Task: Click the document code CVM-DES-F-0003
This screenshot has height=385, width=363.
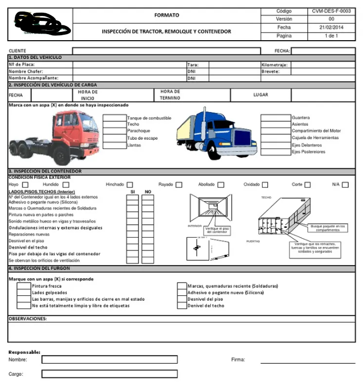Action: coord(331,11)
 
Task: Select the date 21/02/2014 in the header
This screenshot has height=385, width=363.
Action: coord(331,27)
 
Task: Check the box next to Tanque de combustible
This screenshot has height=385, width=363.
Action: coord(114,118)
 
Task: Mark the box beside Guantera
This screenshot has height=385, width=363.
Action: coord(275,118)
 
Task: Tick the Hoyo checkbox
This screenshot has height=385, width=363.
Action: coord(25,185)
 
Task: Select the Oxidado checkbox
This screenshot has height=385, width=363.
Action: coord(265,185)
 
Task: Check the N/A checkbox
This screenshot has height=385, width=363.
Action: coord(345,185)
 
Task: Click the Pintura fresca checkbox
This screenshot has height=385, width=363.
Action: coord(24,286)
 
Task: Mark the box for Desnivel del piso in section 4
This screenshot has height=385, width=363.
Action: coord(182,299)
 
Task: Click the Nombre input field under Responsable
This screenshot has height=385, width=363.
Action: coord(109,360)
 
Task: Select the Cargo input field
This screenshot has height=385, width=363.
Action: coord(109,374)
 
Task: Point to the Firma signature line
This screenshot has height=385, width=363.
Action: coord(308,362)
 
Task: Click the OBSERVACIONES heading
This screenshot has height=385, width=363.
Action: coord(27,318)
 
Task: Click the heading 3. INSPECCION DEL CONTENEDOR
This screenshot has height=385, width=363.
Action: coord(45,172)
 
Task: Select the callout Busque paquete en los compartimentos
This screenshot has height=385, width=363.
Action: coord(328,227)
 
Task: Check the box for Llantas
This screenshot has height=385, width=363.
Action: coord(114,146)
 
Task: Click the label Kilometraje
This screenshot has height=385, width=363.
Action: coord(274,64)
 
